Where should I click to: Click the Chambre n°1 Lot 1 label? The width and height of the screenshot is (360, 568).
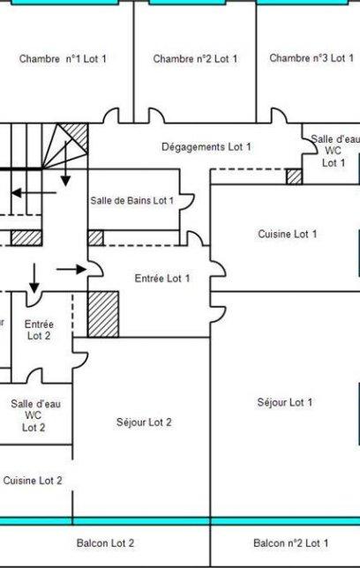(63, 59)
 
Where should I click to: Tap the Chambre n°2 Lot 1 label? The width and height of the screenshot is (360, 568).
(195, 59)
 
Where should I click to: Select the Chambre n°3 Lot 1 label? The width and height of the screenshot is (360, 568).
(311, 58)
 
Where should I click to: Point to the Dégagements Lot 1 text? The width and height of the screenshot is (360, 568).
(206, 147)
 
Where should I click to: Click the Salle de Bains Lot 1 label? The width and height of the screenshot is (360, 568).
(132, 200)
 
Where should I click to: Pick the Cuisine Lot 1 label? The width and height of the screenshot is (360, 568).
(288, 234)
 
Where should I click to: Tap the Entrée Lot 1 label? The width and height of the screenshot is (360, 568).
(162, 278)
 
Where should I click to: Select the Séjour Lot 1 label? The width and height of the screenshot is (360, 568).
(285, 402)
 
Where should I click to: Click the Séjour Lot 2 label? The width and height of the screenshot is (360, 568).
(144, 422)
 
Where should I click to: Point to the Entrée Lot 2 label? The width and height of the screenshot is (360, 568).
(39, 330)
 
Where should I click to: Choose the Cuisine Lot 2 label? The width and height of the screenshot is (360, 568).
(33, 481)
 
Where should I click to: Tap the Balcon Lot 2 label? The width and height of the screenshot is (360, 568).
(105, 543)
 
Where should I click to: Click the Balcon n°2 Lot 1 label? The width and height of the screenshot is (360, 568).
(291, 543)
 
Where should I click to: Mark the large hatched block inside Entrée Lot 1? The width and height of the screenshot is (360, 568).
(103, 314)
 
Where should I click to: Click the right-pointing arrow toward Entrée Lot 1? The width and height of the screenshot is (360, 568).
(71, 269)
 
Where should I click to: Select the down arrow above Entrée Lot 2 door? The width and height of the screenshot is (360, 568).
(34, 278)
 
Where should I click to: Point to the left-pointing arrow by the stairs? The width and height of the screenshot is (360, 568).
(34, 192)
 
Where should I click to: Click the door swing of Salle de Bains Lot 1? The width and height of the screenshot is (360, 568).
(188, 201)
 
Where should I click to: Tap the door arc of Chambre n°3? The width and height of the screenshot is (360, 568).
(279, 116)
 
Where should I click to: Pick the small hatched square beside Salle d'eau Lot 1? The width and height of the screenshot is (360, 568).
(295, 176)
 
